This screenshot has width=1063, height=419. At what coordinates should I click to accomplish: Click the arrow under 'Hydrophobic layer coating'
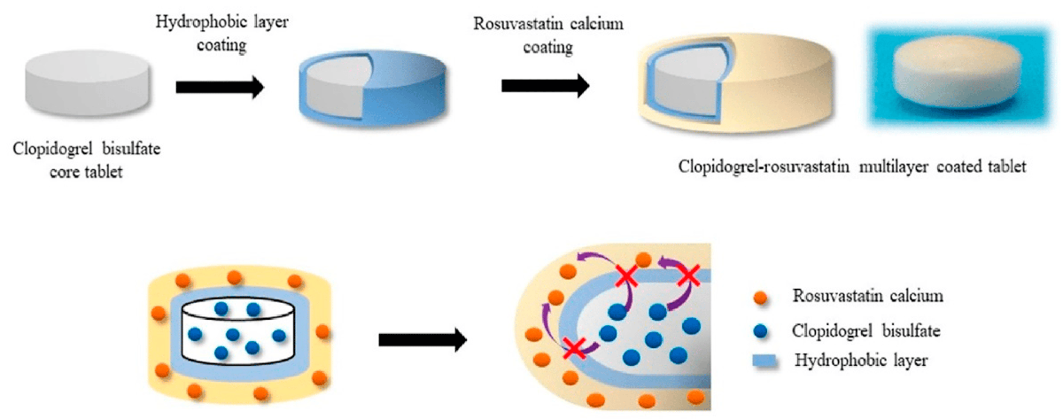point(220,86)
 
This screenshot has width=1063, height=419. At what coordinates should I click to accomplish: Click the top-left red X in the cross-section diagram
point(625,277)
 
